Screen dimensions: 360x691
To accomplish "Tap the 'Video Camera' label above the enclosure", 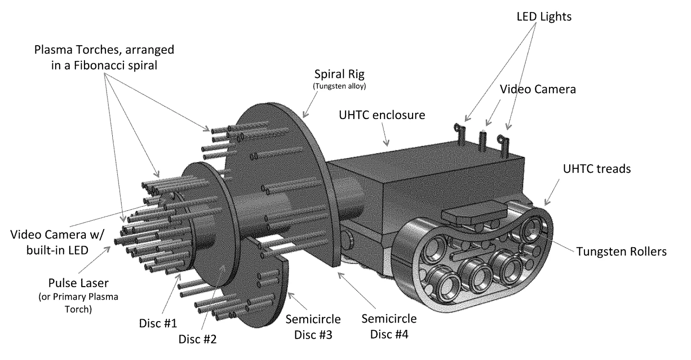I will click(538, 89).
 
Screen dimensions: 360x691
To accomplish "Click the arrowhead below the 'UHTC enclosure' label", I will click(386, 143).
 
